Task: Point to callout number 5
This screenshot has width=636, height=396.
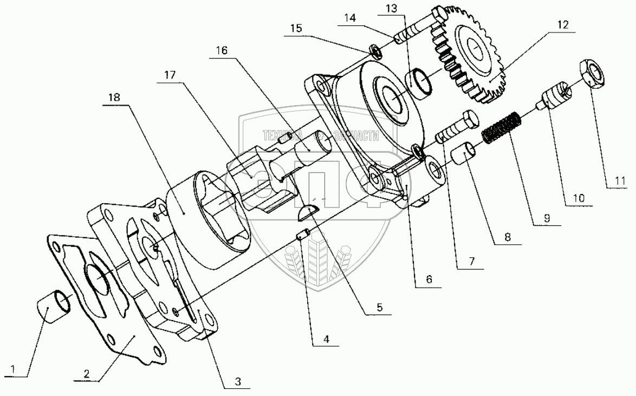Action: (379, 307)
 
